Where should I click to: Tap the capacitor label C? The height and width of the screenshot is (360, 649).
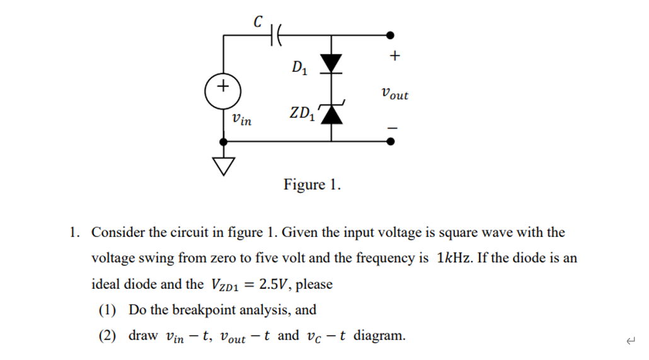(x=258, y=21)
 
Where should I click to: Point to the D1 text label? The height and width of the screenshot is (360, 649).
(x=299, y=67)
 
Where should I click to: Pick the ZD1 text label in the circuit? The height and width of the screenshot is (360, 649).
(x=303, y=114)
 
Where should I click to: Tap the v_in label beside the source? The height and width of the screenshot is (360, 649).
(x=241, y=119)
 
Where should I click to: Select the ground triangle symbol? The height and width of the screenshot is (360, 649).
(x=223, y=165)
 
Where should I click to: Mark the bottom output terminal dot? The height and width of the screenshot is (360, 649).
(x=391, y=141)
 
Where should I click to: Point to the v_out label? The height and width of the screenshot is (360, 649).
(x=394, y=95)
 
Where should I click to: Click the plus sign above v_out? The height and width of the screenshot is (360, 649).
(x=394, y=57)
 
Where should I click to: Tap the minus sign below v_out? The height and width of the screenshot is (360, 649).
(x=393, y=128)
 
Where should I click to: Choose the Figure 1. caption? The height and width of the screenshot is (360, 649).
(x=312, y=185)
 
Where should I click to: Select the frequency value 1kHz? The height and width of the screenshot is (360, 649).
(x=454, y=258)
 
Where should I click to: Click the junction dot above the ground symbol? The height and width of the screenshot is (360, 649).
(x=223, y=142)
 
